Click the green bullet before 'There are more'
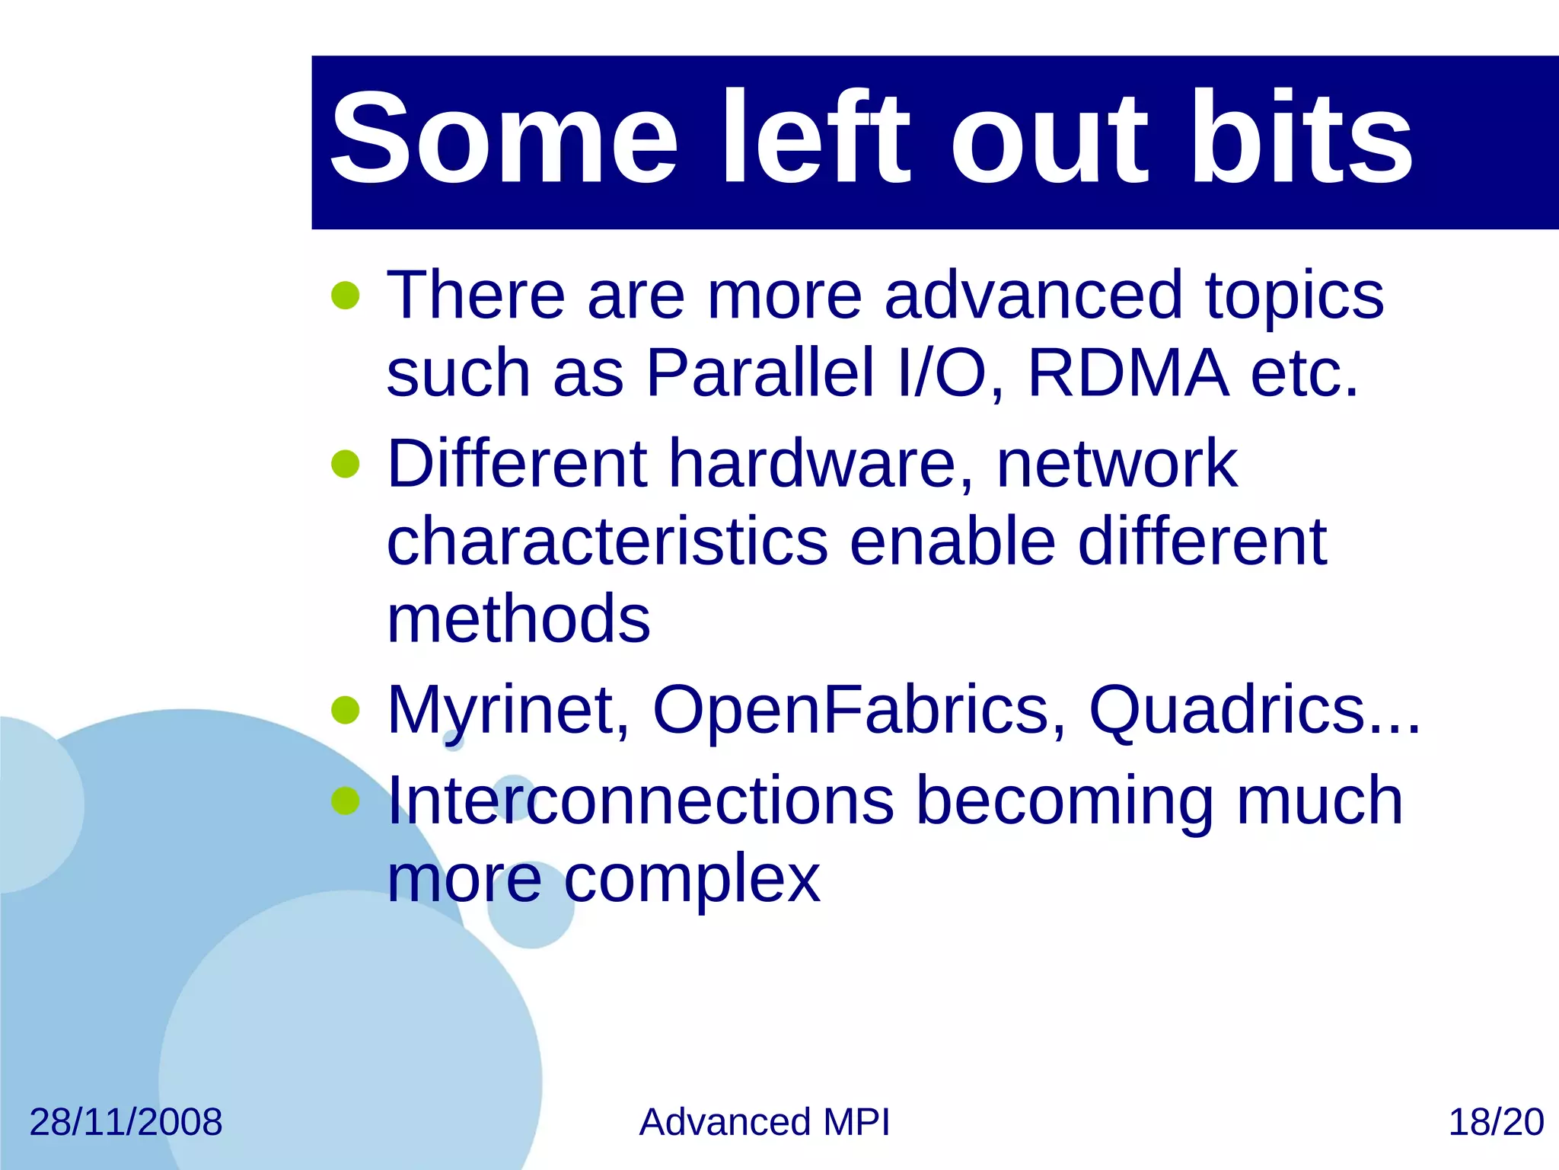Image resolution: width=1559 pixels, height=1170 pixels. [346, 296]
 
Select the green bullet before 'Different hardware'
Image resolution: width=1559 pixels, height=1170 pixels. [346, 464]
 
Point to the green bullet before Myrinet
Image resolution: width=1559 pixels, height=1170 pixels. [346, 710]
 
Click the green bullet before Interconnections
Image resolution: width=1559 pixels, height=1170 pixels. [346, 801]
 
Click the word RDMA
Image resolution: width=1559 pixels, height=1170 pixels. [1128, 373]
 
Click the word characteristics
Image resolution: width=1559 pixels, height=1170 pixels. [607, 542]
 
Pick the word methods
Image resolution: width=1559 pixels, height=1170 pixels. [518, 619]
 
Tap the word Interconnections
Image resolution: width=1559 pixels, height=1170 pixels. [639, 801]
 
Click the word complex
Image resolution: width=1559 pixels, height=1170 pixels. [691, 880]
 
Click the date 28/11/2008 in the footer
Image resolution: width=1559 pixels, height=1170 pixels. [126, 1122]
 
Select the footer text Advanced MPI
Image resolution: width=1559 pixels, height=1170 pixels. [764, 1122]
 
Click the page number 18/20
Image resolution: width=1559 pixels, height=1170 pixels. [1495, 1122]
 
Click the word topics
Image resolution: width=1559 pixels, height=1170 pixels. [1294, 297]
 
